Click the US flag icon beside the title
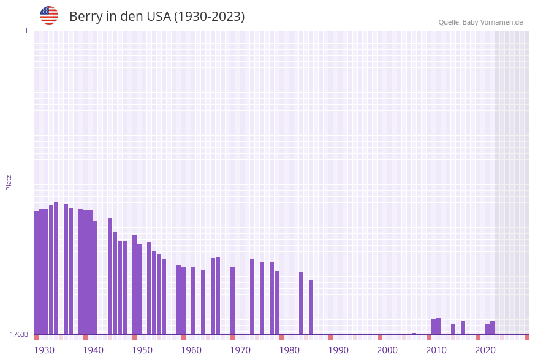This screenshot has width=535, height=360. tap(49, 15)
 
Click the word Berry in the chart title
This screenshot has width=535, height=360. tap(86, 17)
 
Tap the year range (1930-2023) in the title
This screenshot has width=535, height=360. tap(209, 17)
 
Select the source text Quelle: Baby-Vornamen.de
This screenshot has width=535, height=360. tap(480, 22)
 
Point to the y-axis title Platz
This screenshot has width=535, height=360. tap(9, 182)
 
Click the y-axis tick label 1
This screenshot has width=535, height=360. tap(26, 31)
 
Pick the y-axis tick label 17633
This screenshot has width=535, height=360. tap(19, 334)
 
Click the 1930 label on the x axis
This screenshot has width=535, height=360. tap(44, 350)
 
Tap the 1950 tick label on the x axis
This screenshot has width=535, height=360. tap(142, 350)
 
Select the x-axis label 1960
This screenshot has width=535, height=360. tap(191, 350)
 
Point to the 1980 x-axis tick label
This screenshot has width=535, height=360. tap(289, 350)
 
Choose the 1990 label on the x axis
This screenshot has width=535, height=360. tap(338, 350)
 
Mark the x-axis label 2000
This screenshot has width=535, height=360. tap(387, 350)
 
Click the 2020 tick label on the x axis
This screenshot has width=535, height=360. tap(485, 350)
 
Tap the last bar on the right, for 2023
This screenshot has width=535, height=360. tap(492, 327)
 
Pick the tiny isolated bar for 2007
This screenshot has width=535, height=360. tap(414, 334)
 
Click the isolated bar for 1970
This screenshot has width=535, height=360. tap(232, 301)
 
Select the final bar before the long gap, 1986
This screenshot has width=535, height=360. tap(311, 307)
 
